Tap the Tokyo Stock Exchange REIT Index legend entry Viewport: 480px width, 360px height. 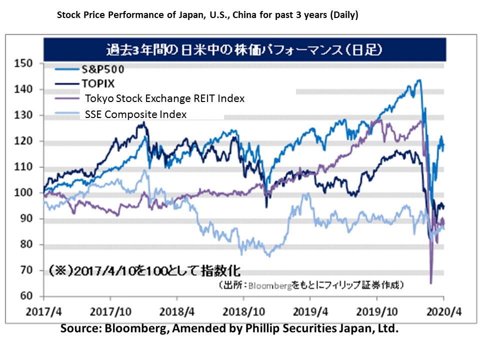(164, 98)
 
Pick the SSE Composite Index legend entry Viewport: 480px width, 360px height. (135, 114)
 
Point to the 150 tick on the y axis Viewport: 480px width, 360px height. (24, 63)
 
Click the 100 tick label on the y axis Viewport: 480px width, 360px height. (24, 193)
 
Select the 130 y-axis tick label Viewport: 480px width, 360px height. (24, 115)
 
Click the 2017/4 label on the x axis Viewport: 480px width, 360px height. (45, 309)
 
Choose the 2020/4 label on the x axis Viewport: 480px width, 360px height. (444, 309)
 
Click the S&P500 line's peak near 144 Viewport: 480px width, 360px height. (419, 80)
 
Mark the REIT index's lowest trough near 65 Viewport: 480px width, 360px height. (431, 283)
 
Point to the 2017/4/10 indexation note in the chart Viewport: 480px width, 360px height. (145, 271)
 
